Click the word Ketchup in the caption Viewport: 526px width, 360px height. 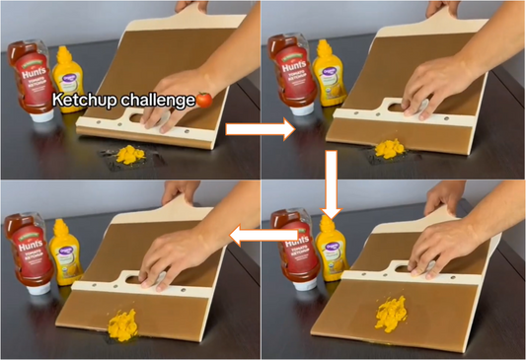click(83, 100)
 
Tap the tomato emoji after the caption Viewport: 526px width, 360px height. click(203, 99)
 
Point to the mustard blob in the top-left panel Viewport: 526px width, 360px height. click(128, 154)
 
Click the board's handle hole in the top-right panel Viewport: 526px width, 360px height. click(401, 102)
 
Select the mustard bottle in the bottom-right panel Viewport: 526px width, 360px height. click(334, 252)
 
